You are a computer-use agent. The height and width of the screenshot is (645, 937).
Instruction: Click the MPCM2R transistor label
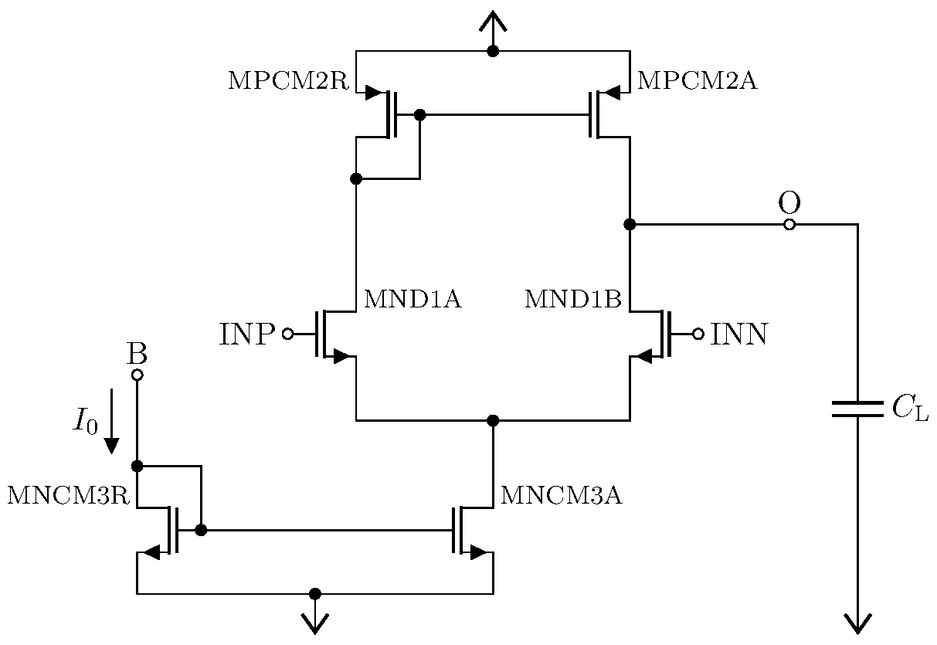pyautogui.click(x=288, y=81)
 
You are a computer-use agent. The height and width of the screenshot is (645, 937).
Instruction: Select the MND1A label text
pyautogui.click(x=412, y=300)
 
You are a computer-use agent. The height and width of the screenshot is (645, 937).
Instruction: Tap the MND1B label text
pyautogui.click(x=572, y=300)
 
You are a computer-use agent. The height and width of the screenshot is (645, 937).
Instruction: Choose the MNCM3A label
pyautogui.click(x=561, y=496)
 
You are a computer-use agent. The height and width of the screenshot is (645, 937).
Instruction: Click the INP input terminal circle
pyautogui.click(x=287, y=334)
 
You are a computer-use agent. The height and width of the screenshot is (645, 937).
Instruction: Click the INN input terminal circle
pyautogui.click(x=698, y=334)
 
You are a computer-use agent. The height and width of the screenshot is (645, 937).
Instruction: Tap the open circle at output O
pyautogui.click(x=789, y=225)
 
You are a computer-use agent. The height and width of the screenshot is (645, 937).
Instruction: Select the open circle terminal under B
pyautogui.click(x=137, y=375)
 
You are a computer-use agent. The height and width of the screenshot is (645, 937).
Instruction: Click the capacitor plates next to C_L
pyautogui.click(x=857, y=409)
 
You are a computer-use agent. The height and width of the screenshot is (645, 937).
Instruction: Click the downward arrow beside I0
pyautogui.click(x=112, y=421)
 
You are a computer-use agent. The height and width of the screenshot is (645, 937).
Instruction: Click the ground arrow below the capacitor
pyautogui.click(x=857, y=622)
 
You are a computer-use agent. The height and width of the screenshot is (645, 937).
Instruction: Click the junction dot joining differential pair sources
pyautogui.click(x=493, y=420)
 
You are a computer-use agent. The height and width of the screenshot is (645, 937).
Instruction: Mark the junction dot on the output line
pyautogui.click(x=630, y=225)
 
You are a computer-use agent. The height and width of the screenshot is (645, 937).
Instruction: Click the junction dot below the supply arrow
pyautogui.click(x=493, y=52)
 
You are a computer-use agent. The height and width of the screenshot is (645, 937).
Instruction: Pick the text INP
pyautogui.click(x=247, y=334)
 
